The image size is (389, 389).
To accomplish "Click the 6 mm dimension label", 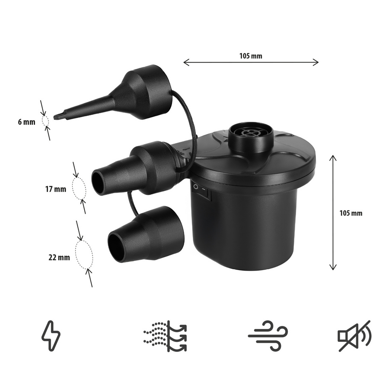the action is point(26,122).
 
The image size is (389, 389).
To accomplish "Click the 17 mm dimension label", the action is point(56,189).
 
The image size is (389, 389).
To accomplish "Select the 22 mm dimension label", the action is point(59,258).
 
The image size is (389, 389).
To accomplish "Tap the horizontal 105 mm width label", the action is point(251,56).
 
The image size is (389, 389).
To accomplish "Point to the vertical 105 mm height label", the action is point(351,213).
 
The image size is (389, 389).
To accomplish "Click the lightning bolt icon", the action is point(51,336).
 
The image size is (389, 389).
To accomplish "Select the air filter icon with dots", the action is point(165,336).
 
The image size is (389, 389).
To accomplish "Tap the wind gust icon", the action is point(268,336).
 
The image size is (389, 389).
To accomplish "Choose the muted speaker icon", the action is point(354,336).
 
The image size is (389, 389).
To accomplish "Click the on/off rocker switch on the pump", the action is point(202,191).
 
